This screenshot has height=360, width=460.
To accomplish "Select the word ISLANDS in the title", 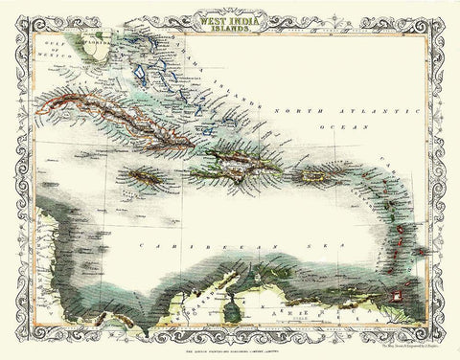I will (228, 27).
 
